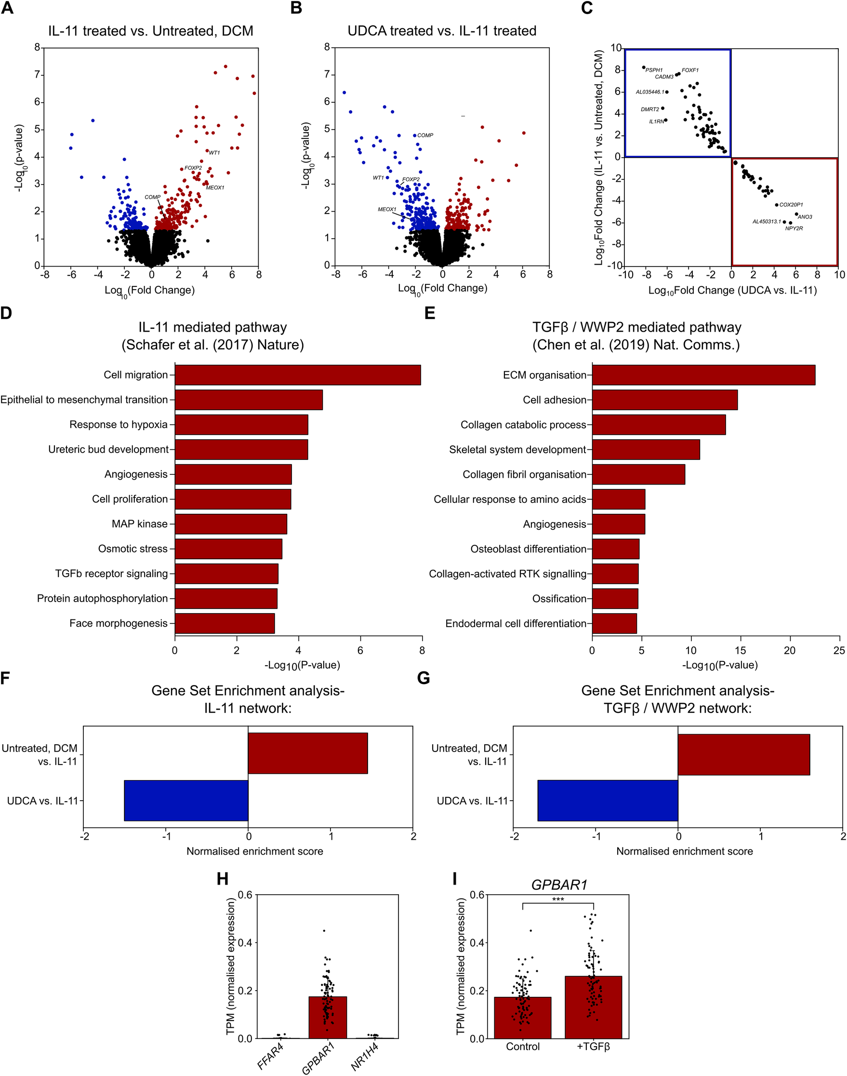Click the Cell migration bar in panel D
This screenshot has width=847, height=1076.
298,375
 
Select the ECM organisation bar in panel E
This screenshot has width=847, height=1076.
703,375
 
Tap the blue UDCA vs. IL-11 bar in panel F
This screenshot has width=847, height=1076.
186,801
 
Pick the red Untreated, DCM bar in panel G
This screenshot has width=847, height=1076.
743,754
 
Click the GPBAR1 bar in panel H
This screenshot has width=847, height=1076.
327,1017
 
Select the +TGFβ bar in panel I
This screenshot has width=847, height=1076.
593,1007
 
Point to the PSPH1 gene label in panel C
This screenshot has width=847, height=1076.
654,70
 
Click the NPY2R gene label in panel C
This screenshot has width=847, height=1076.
794,229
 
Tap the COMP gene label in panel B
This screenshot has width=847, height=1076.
425,135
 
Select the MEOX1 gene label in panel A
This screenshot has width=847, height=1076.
215,188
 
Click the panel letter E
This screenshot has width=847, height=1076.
430,313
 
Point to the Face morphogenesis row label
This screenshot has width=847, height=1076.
119,624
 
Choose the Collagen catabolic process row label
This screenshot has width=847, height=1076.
523,425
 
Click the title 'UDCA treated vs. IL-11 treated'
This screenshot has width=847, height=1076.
442,31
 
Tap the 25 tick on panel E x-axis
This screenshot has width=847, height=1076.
839,650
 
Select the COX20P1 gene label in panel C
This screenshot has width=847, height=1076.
791,205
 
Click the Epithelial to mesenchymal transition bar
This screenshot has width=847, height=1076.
249,400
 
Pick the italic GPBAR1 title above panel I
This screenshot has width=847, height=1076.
559,885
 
